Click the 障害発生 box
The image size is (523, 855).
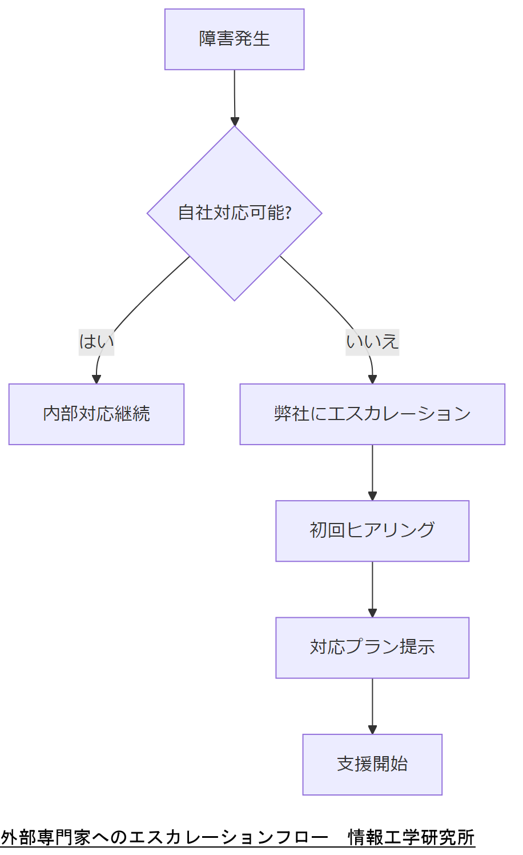[234, 39]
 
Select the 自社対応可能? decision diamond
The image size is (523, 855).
[234, 213]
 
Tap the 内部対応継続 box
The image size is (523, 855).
[96, 414]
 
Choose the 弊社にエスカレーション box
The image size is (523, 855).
[372, 414]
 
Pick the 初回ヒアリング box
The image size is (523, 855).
[372, 531]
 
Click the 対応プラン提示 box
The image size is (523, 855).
[372, 648]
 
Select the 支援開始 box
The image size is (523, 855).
[372, 764]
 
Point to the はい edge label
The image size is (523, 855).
[96, 342]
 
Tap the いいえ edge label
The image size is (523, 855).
[372, 342]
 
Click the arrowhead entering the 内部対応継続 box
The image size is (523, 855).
[96, 379]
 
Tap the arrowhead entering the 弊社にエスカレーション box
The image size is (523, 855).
[372, 379]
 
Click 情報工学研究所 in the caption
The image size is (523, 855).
[411, 837]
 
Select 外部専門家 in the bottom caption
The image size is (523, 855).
[46, 837]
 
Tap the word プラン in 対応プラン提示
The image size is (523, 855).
[372, 648]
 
